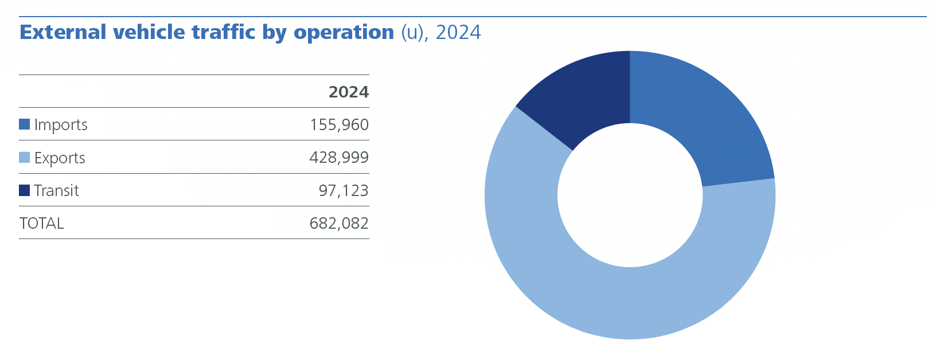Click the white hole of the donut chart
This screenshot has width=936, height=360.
pos(630,195)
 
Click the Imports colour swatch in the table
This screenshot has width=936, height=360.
pos(24,124)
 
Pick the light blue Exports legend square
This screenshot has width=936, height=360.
pos(24,158)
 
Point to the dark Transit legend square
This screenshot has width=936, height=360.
pos(24,190)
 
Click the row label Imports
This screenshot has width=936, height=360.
pos(61,125)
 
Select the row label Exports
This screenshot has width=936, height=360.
pos(60,158)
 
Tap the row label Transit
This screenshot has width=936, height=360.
pos(56,190)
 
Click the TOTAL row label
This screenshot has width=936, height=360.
pos(41,224)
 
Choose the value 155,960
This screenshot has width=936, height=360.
pos(339,125)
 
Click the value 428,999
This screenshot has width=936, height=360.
pos(339,158)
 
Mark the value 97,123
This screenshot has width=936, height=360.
pos(344,190)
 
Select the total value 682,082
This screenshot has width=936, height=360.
pos(339,224)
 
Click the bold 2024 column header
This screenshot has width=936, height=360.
pos(349,92)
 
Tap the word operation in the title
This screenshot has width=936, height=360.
pos(344,33)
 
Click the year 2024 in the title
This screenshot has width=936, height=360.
pos(458,32)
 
